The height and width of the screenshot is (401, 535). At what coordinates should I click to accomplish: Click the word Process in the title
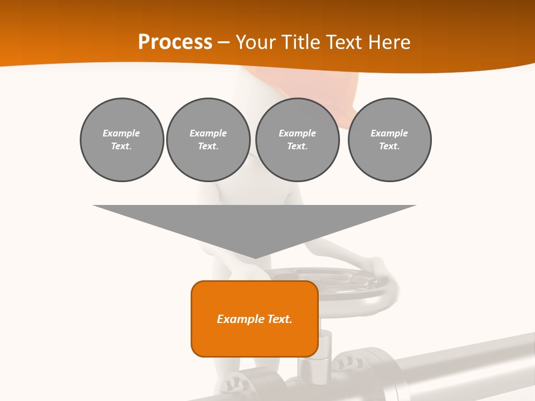point(175,42)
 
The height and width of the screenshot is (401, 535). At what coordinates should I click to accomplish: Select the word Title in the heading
point(300,42)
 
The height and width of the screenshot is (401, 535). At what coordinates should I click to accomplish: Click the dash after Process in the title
point(223,43)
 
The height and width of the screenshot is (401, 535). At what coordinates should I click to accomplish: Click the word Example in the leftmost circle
point(121,133)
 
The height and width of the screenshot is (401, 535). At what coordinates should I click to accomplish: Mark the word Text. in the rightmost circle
point(390,146)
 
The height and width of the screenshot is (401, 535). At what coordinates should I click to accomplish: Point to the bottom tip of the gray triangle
point(255,257)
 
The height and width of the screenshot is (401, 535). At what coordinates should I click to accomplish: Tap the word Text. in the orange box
point(280,319)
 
